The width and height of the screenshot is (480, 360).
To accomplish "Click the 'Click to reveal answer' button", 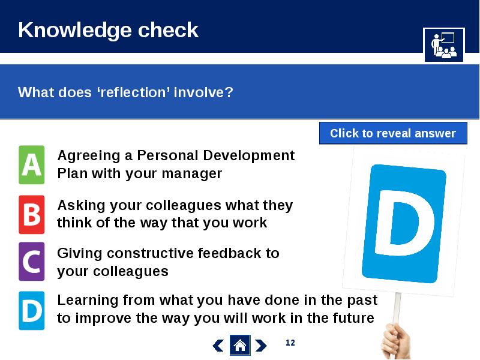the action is (393, 133).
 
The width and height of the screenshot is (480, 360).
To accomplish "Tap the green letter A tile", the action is (32, 164).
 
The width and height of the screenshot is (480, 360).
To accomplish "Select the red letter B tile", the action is (32, 215).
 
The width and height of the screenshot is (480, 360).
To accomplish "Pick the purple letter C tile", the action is (32, 262).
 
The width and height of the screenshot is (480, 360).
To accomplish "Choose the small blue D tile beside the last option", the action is (32, 311).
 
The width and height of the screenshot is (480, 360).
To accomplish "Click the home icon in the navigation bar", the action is (240, 346).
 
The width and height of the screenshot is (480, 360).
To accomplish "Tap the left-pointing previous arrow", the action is (218, 346).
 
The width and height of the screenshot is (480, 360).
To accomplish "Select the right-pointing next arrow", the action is (261, 346).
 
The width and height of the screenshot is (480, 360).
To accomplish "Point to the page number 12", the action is (290, 343).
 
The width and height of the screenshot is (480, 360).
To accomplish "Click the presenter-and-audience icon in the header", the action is (444, 44).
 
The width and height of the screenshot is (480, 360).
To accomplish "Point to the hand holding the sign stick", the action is (397, 341).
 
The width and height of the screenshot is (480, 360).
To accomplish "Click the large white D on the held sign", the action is (404, 223).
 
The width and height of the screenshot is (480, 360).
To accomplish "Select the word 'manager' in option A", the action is (191, 173).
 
